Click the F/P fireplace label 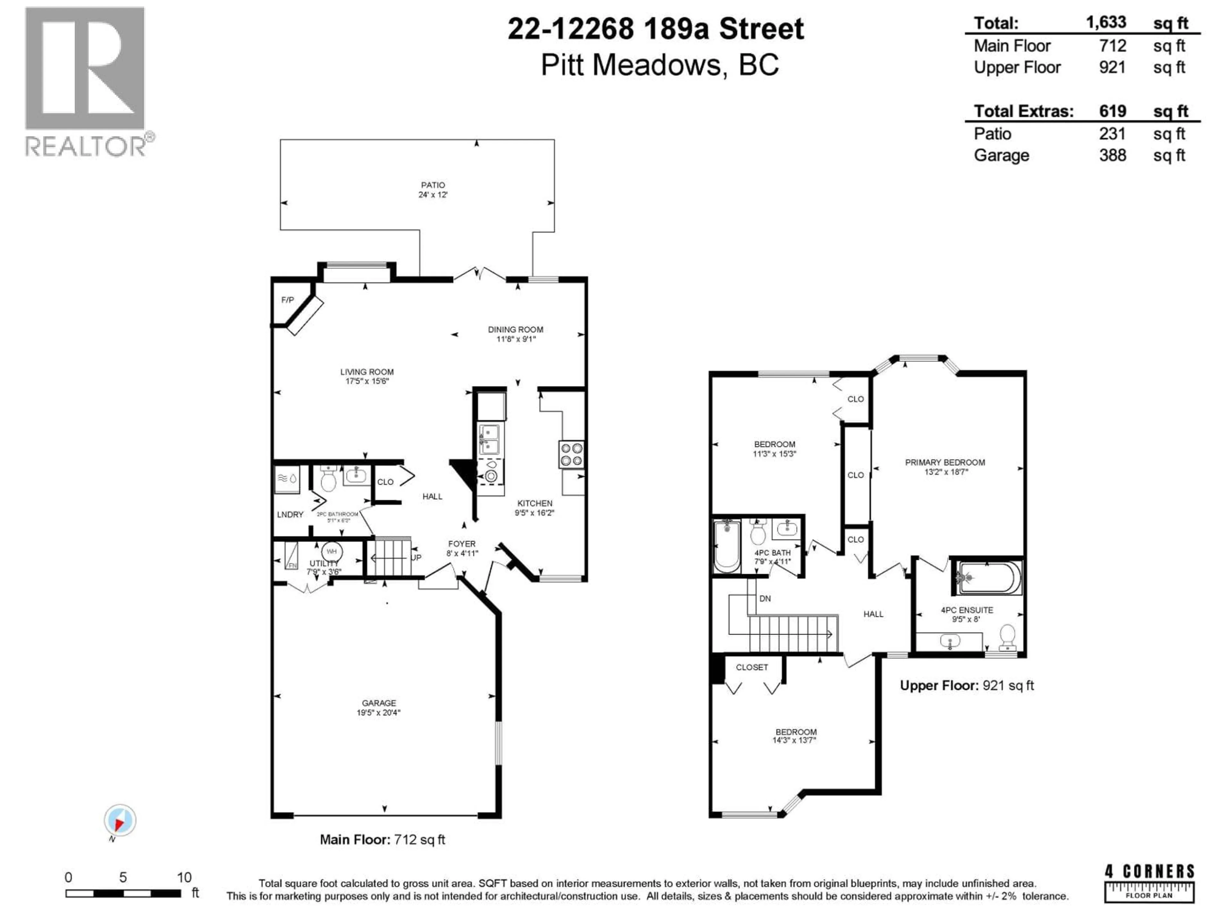pyautogui.click(x=287, y=300)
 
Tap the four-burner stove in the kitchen pyautogui.click(x=572, y=454)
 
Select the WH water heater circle pyautogui.click(x=332, y=551)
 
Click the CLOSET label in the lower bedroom pyautogui.click(x=751, y=667)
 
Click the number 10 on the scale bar pyautogui.click(x=184, y=877)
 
